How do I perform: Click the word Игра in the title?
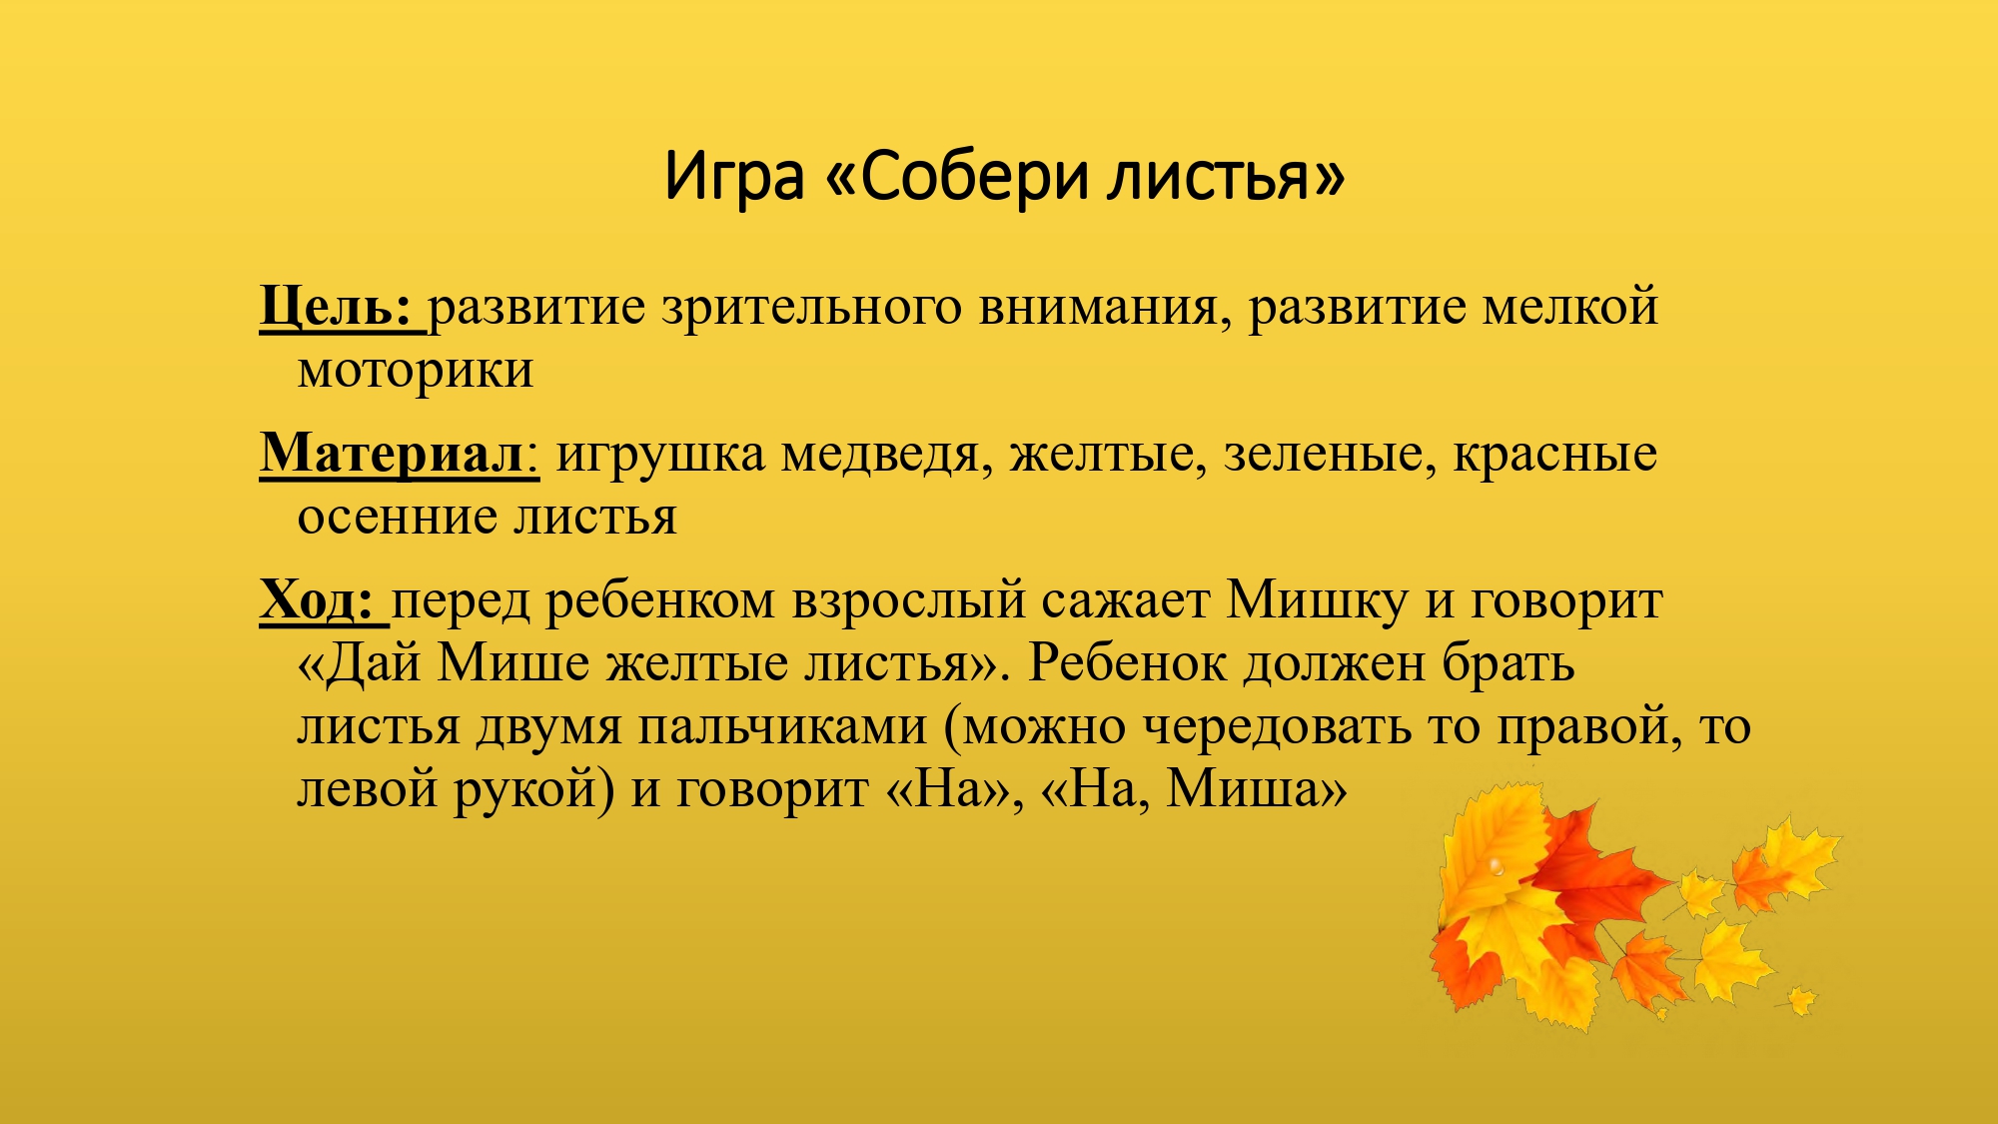733,177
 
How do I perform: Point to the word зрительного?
811,307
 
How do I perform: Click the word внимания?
1098,307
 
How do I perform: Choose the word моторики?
415,371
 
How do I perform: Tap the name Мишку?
1317,600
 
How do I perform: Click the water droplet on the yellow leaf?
1496,864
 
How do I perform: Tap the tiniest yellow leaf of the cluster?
1801,999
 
